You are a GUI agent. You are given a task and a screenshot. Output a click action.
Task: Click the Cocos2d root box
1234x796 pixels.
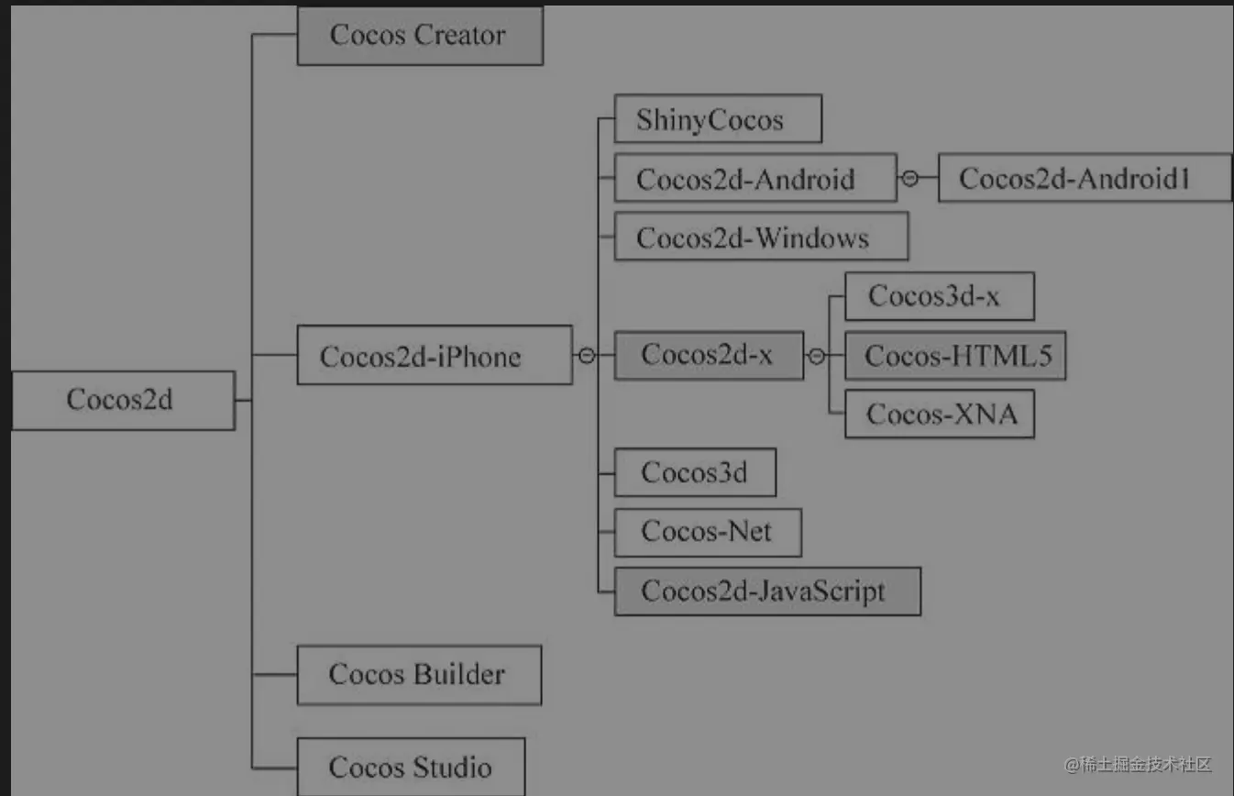tap(123, 400)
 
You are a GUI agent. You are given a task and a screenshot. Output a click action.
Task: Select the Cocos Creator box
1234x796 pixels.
tap(420, 36)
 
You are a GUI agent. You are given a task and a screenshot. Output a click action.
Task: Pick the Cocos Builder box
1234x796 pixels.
tap(419, 675)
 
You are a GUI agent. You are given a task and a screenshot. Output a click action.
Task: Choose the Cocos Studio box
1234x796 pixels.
tap(411, 767)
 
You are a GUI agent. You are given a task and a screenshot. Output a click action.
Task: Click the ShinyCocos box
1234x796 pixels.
tap(718, 119)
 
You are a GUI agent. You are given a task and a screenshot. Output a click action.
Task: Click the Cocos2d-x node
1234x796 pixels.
tap(709, 355)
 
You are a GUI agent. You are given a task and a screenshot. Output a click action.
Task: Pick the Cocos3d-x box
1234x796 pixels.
tap(939, 296)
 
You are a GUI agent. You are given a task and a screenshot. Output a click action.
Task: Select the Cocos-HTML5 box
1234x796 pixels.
tap(954, 356)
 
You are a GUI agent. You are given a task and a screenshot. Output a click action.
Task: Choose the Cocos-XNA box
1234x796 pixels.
tap(940, 415)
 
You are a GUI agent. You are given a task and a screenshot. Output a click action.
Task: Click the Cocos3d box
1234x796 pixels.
tap(695, 472)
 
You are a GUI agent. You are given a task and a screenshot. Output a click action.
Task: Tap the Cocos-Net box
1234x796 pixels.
tap(708, 532)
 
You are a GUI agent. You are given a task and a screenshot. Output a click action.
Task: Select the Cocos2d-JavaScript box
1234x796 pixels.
tap(767, 591)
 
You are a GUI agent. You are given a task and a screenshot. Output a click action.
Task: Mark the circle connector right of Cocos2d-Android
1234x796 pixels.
tap(909, 179)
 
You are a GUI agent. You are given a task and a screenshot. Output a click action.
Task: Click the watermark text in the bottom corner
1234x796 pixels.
tap(1138, 764)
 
